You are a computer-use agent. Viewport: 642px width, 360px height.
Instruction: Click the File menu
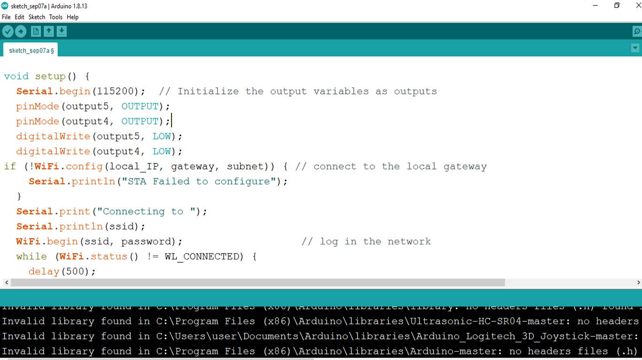tap(6, 17)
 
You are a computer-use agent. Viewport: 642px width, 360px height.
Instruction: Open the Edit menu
tap(19, 17)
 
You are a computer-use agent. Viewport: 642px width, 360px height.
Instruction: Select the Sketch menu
tap(37, 17)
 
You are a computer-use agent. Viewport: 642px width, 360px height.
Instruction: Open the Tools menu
tap(55, 17)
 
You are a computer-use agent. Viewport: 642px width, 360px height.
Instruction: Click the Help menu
tap(72, 17)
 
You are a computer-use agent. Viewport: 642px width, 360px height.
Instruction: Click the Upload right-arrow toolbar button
tap(21, 31)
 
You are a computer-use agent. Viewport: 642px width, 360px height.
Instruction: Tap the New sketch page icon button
tap(36, 31)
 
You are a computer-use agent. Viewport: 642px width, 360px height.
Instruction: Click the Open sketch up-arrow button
tap(49, 31)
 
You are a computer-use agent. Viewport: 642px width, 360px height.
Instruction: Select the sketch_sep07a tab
tap(31, 50)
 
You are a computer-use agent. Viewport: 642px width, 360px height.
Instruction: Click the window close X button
tap(638, 6)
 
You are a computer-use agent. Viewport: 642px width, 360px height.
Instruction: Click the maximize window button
tap(617, 6)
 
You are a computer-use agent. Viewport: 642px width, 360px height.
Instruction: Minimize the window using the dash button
tap(596, 6)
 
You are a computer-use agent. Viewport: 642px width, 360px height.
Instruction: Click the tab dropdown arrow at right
tap(635, 48)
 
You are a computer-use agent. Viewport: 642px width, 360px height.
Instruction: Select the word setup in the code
tap(51, 76)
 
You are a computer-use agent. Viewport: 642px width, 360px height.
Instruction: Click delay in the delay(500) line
tap(44, 272)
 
